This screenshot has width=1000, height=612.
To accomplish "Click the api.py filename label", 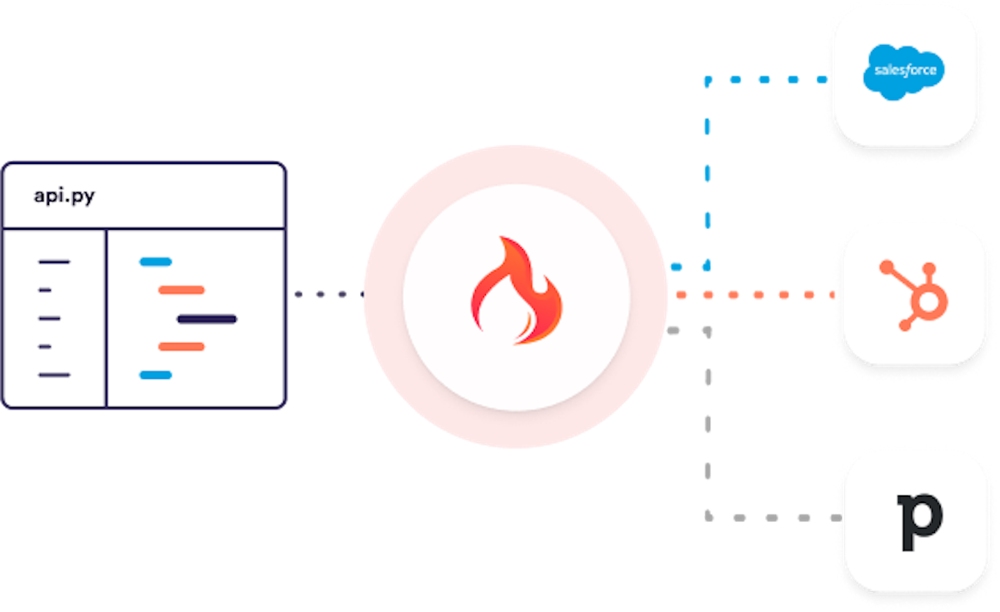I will [63, 196].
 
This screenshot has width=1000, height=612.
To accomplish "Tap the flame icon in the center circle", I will [516, 291].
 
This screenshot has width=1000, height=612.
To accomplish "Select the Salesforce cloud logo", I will [904, 71].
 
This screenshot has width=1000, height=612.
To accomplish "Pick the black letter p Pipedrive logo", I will [918, 521].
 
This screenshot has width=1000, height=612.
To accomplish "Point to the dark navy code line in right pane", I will [207, 319].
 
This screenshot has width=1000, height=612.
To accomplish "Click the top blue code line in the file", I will [156, 262].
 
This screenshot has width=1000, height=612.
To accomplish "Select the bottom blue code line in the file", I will [156, 375].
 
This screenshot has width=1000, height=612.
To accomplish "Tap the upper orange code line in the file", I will [182, 291].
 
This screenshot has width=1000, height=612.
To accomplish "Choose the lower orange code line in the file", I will [182, 346].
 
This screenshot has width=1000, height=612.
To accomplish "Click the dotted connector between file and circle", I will [327, 294].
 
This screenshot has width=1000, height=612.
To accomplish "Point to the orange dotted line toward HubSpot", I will [754, 295].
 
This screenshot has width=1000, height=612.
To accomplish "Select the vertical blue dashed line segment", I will [707, 175].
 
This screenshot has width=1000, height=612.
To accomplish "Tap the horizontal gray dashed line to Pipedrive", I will [771, 518].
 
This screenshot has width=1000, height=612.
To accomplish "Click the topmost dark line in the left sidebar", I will [54, 262].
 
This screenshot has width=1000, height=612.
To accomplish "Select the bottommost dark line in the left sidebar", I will [54, 375].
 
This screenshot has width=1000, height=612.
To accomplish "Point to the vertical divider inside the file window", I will [106, 316].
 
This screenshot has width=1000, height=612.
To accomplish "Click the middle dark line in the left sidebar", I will [49, 319].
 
